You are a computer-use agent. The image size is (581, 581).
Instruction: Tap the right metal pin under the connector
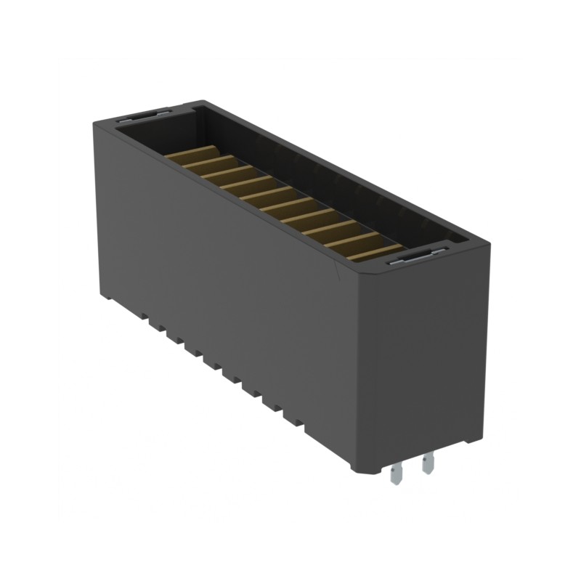tap(428, 463)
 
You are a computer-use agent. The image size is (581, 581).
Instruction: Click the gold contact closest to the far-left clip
tap(195, 155)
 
